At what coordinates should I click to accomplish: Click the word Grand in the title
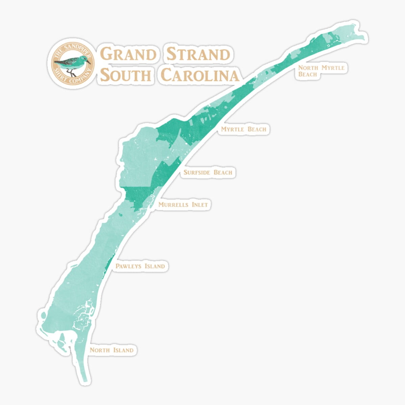click(x=128, y=54)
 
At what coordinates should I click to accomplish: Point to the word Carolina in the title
click(x=199, y=75)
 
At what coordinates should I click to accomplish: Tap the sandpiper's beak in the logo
click(x=88, y=62)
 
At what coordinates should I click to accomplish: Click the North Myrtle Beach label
click(x=321, y=71)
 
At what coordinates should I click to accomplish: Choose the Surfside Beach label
click(x=208, y=172)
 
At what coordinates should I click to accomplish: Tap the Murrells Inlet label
click(x=183, y=205)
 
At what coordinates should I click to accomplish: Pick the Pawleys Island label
click(x=140, y=266)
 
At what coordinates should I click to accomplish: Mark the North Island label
click(x=111, y=350)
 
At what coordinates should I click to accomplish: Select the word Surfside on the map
click(x=197, y=172)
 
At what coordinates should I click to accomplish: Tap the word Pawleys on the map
click(x=129, y=266)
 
